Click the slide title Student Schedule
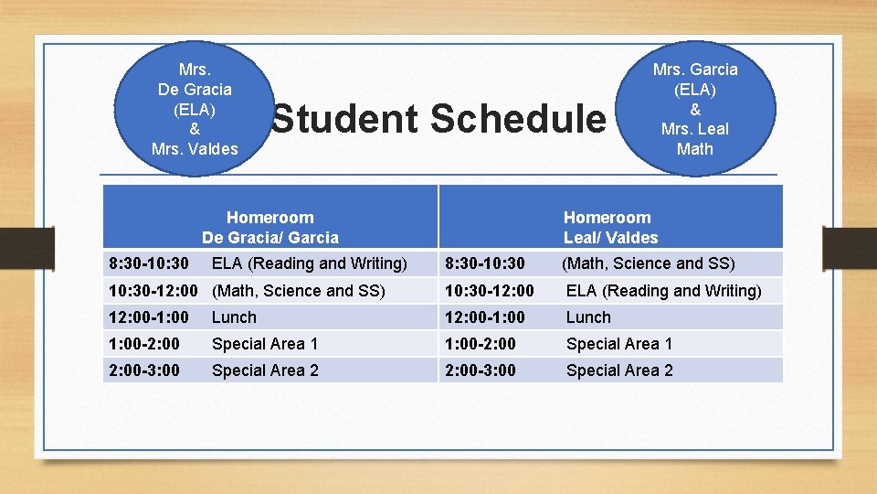(x=438, y=119)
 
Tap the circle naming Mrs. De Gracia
(x=194, y=109)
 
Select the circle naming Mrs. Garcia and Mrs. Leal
(x=694, y=109)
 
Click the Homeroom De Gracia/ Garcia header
(x=269, y=228)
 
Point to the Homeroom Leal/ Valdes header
(x=610, y=228)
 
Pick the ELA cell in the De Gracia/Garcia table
(x=309, y=263)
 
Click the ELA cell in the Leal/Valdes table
(x=663, y=291)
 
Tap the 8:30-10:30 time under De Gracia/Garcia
(x=149, y=263)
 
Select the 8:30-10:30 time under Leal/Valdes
(x=485, y=263)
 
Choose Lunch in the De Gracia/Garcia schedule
(x=234, y=317)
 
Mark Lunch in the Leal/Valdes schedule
(x=588, y=317)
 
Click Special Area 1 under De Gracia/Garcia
(x=265, y=344)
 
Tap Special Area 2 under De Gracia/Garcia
(x=265, y=370)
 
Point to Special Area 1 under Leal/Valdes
(x=619, y=344)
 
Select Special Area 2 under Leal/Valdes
(x=619, y=370)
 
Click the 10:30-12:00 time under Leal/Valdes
(x=490, y=291)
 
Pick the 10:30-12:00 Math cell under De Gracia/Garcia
(x=298, y=291)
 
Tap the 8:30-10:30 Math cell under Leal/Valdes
(x=649, y=263)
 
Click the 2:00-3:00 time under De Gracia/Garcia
(x=144, y=370)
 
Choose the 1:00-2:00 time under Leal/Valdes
(x=481, y=344)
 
